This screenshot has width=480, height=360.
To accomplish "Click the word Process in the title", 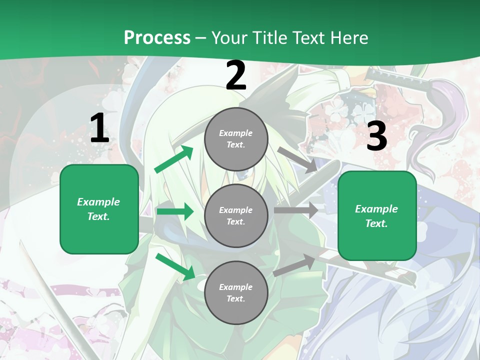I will [x=157, y=38].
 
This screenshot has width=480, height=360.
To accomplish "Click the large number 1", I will [x=99, y=128].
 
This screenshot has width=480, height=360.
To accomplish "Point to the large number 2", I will [x=236, y=76].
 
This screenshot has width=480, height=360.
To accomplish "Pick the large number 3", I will [x=376, y=136].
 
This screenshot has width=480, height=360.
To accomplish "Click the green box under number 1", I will [x=99, y=209].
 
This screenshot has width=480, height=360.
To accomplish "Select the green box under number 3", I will [x=377, y=215].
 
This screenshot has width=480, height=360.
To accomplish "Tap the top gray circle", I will [x=236, y=139].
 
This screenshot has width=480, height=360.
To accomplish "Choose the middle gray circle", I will [x=236, y=215].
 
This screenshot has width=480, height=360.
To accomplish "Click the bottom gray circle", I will [x=236, y=292].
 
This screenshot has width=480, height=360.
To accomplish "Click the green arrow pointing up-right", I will [x=174, y=159].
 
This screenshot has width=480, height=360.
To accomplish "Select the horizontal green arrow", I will [x=175, y=211].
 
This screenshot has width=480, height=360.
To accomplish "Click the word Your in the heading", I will [x=229, y=38].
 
